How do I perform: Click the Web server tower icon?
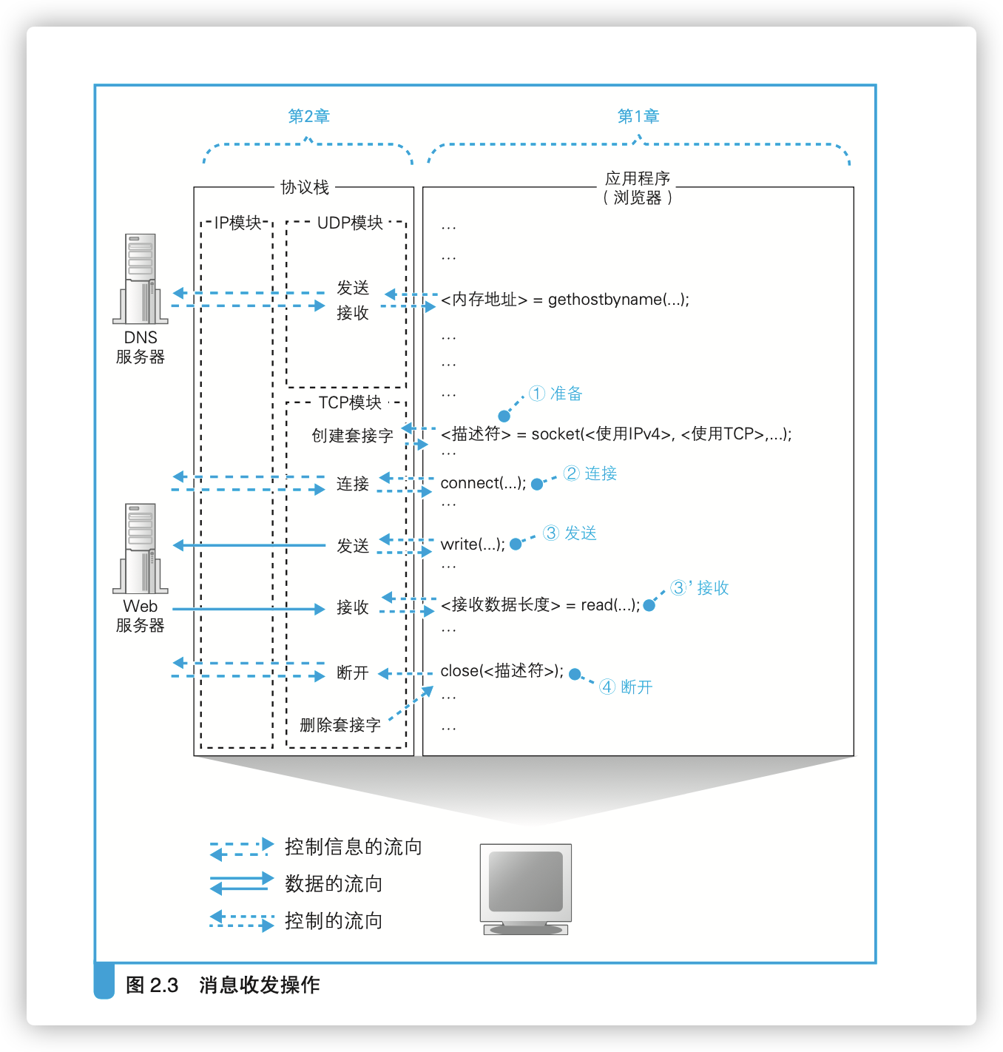(x=141, y=548)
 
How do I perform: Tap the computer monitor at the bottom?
(x=526, y=888)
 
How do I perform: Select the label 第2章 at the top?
(x=308, y=116)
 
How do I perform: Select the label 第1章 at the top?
(x=638, y=116)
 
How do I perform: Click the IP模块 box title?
(x=237, y=223)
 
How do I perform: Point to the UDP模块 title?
(x=350, y=223)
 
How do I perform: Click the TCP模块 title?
(x=350, y=402)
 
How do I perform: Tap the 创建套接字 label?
(x=352, y=436)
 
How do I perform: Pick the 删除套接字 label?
(x=340, y=725)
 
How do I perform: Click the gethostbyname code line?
(x=565, y=300)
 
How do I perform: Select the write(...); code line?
(x=473, y=544)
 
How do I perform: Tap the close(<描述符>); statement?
(x=501, y=671)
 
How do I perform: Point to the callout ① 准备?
(x=555, y=394)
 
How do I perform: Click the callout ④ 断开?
(x=626, y=687)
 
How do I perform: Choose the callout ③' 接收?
(x=700, y=588)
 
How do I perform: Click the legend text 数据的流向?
(x=334, y=883)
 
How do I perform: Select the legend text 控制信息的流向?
(x=353, y=846)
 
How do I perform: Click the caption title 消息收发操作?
(x=259, y=985)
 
